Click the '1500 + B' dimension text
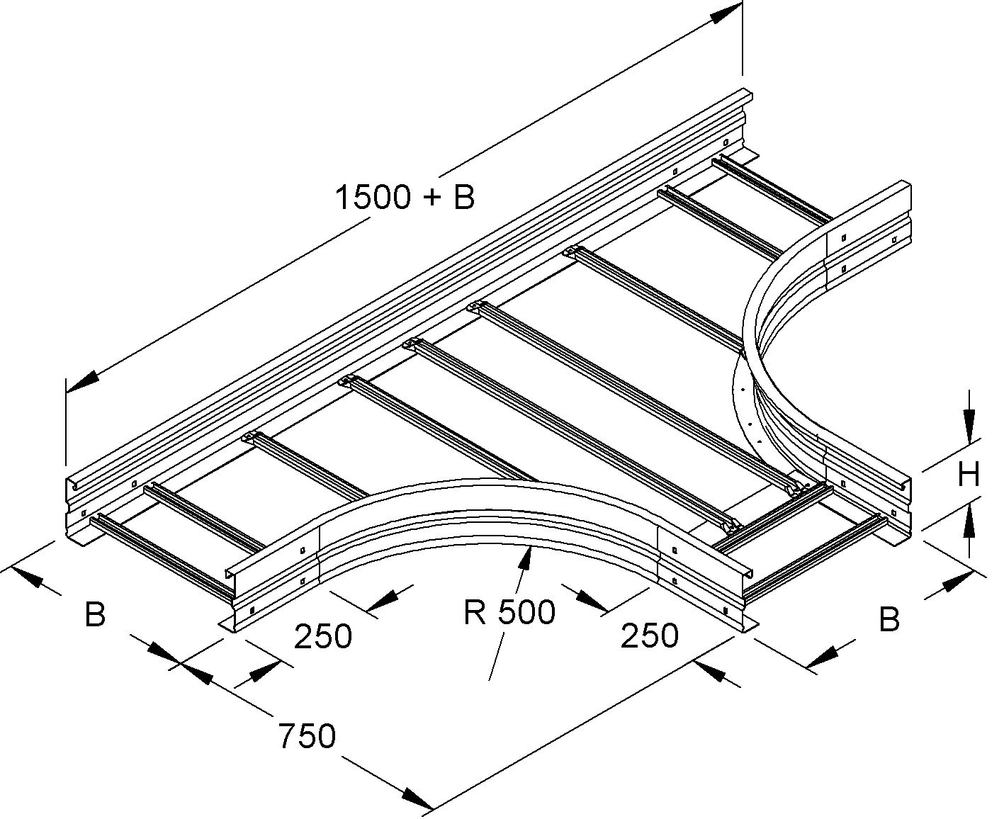click(x=404, y=198)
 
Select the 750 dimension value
click(x=306, y=736)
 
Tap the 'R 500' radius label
click(x=509, y=611)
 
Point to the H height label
click(x=968, y=474)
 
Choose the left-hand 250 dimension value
click(x=323, y=636)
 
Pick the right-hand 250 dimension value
click(x=649, y=636)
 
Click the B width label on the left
click(x=95, y=614)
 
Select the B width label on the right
click(x=889, y=619)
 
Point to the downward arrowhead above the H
click(x=969, y=428)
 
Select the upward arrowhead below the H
click(x=969, y=522)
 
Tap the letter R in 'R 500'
click(x=475, y=612)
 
